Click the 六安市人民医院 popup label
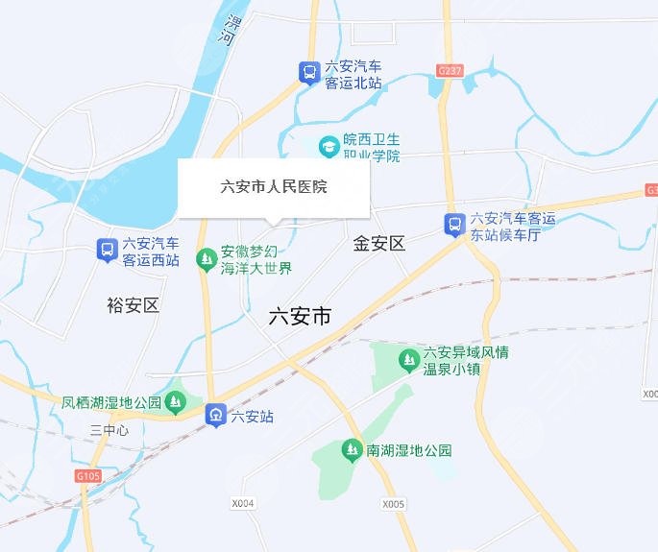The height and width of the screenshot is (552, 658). [274, 187]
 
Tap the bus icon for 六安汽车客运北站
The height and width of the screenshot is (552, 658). [308, 73]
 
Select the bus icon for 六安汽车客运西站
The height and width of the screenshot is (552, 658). [108, 251]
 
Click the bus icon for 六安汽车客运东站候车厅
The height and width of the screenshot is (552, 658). [453, 225]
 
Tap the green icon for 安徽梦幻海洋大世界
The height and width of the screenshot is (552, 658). [206, 258]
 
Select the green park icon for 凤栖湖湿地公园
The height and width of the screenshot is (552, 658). [175, 402]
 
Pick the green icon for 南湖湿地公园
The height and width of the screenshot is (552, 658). [352, 449]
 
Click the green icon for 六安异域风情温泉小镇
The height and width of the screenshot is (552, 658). [408, 360]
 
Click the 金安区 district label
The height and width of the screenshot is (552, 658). [379, 244]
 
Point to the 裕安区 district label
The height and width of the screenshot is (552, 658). [133, 306]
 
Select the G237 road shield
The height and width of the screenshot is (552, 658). [449, 71]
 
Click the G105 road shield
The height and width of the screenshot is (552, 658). [86, 475]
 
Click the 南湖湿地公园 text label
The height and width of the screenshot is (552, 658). [408, 449]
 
